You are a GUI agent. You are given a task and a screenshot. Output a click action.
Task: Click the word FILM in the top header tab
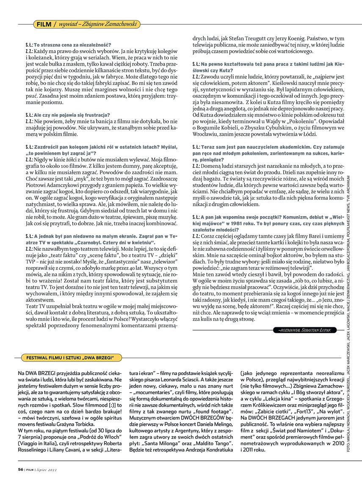(x=44, y=25)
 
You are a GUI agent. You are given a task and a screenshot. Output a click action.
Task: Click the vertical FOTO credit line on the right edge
(x=348, y=296)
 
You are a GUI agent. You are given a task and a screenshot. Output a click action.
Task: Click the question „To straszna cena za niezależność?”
(x=72, y=44)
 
